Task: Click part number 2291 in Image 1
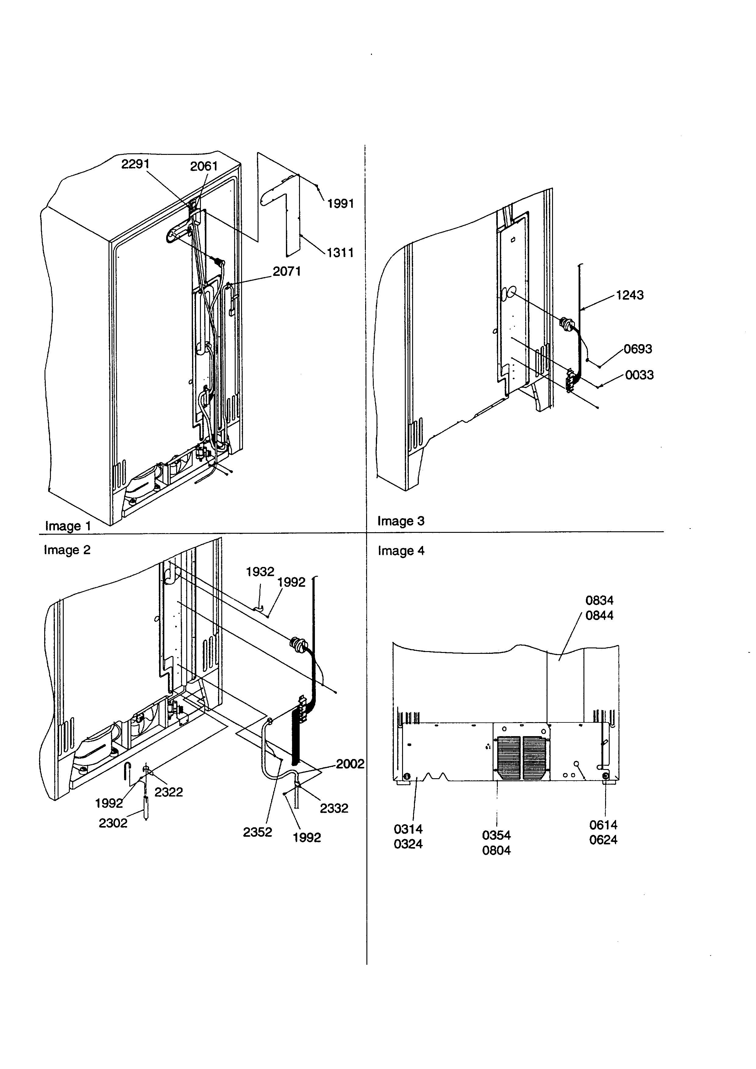click(x=135, y=164)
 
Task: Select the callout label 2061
click(x=204, y=166)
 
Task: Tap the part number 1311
click(x=340, y=253)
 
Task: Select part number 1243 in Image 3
click(x=629, y=295)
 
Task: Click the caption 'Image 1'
click(x=67, y=526)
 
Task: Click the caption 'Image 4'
click(x=401, y=551)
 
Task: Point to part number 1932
click(x=260, y=572)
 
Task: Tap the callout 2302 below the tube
click(x=113, y=823)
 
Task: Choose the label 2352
click(x=257, y=832)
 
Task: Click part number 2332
click(x=334, y=808)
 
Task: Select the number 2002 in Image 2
click(x=350, y=764)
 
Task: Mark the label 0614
click(x=603, y=825)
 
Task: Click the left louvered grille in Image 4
click(x=508, y=758)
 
